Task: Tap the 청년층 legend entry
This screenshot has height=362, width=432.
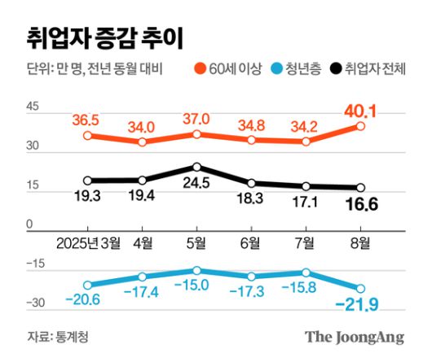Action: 300,71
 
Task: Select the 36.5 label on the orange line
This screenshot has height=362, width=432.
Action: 87,120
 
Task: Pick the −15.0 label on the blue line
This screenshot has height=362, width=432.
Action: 196,285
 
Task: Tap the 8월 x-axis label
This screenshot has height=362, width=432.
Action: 359,242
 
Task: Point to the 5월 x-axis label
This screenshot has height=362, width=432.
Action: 196,242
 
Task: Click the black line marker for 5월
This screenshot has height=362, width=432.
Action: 196,166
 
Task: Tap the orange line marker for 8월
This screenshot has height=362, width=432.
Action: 360,126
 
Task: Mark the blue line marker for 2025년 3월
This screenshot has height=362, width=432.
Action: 88,285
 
